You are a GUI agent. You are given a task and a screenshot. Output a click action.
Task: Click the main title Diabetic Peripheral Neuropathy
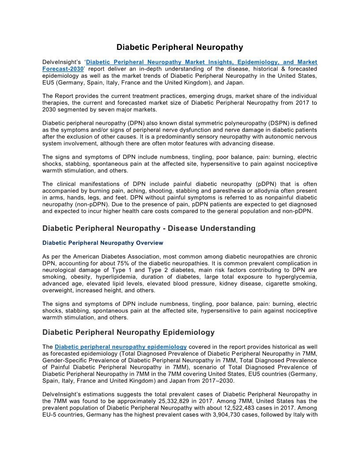[x=180, y=47]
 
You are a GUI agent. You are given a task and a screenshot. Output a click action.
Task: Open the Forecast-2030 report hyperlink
[x=63, y=69]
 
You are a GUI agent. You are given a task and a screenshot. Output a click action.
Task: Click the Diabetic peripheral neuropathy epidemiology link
[x=120, y=346]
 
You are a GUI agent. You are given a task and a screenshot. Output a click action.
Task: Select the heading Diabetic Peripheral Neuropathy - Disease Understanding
[x=149, y=228]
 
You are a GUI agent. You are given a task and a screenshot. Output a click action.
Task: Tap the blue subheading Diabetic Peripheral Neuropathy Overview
[x=102, y=243]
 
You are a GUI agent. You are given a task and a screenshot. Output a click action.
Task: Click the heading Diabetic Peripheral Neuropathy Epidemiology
[x=128, y=332]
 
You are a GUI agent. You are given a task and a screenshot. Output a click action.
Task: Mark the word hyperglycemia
[x=296, y=277]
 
